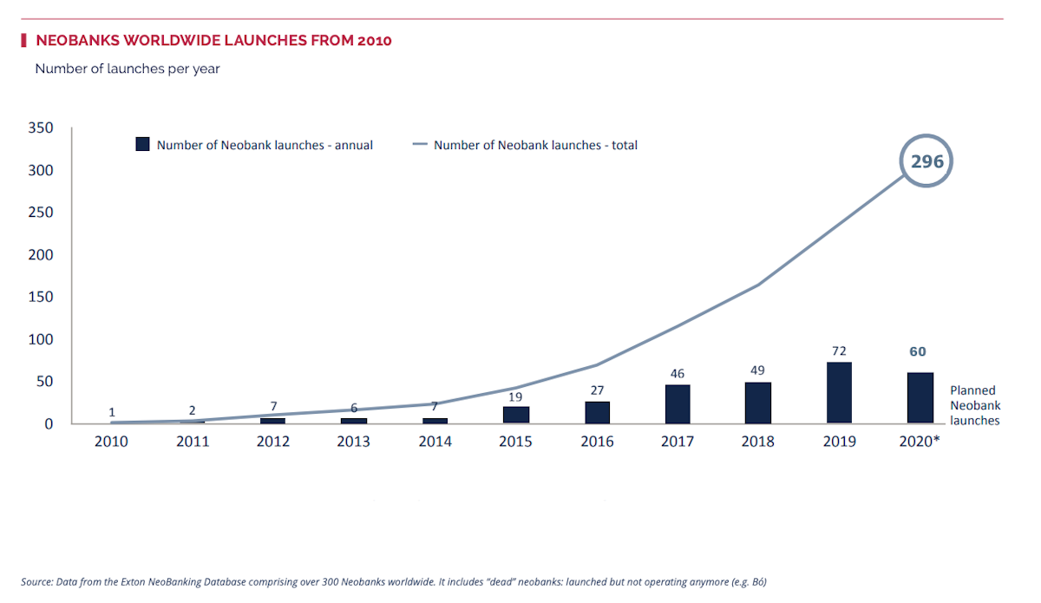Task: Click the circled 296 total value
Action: [926, 161]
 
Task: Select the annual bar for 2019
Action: [839, 393]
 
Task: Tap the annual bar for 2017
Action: [678, 404]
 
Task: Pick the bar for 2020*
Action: [920, 398]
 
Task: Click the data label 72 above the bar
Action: [839, 351]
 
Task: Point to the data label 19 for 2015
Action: [515, 397]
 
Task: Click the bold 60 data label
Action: [918, 351]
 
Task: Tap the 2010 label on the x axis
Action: [111, 442]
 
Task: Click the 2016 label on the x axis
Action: [597, 442]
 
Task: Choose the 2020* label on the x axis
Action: [920, 442]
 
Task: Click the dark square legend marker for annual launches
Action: [143, 145]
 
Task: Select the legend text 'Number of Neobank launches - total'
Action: [535, 145]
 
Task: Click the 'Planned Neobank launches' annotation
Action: [974, 405]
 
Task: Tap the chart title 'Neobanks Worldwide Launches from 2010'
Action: [213, 40]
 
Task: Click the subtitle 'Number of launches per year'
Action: [128, 69]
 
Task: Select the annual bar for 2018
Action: [757, 403]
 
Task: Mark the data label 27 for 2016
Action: [597, 390]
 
